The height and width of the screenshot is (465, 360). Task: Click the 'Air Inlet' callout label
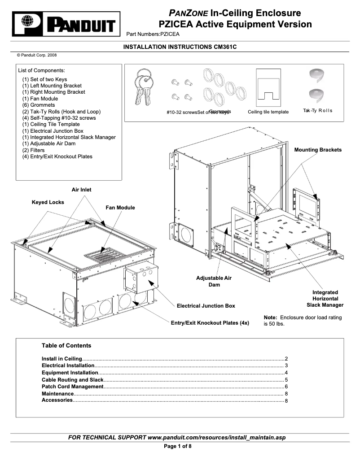tap(81, 190)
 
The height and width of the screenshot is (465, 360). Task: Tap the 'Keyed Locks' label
tap(48, 202)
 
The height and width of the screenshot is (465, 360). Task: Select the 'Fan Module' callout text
tap(120, 208)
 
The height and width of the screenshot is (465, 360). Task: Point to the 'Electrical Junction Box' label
tap(206, 306)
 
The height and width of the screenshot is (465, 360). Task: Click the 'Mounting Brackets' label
tap(318, 150)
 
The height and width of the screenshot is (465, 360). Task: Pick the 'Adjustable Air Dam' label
tap(214, 282)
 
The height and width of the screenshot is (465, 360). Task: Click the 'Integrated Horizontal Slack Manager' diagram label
tap(325, 299)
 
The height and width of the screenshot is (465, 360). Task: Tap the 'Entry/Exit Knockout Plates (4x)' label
tap(210, 323)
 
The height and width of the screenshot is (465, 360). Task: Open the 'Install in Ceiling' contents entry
tap(62, 359)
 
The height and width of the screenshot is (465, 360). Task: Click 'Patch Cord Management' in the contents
tap(73, 387)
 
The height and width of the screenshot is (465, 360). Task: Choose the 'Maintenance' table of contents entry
tap(57, 393)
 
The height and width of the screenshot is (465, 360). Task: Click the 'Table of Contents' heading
tap(66, 346)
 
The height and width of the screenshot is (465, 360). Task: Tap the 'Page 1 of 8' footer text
tap(178, 446)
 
